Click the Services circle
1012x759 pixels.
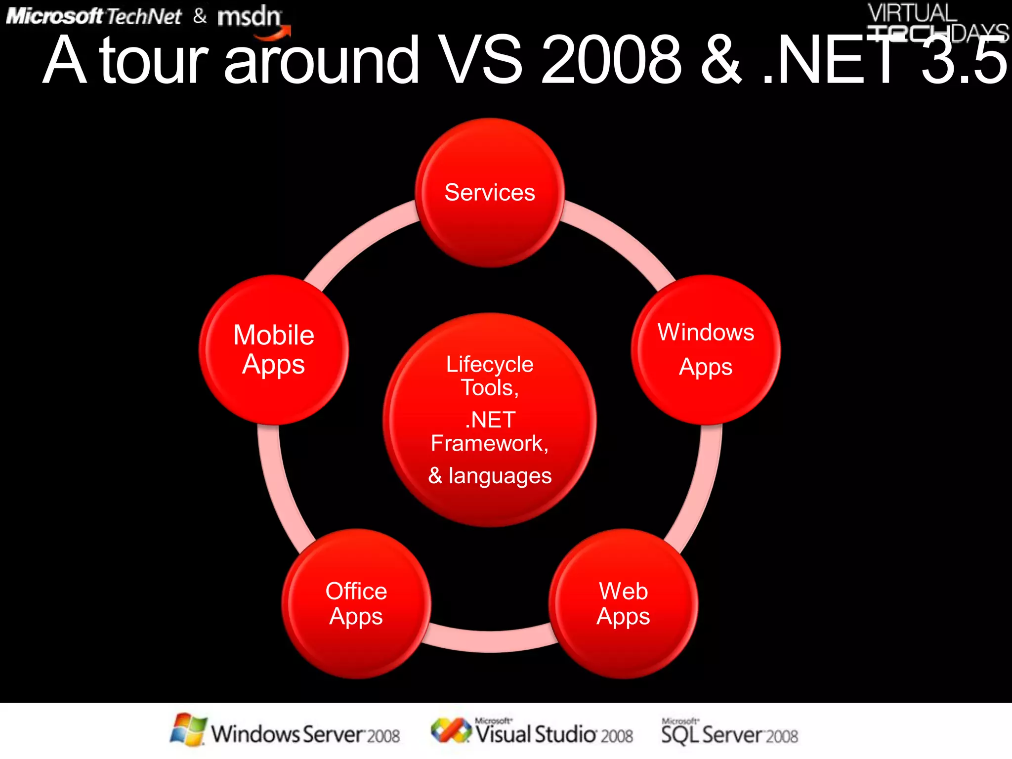[x=489, y=193]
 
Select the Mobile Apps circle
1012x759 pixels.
[x=273, y=350]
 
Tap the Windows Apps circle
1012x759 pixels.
[x=706, y=350]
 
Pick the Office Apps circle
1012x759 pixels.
[x=356, y=604]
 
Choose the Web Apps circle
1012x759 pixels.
[x=623, y=604]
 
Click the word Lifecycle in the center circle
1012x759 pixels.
[x=489, y=365]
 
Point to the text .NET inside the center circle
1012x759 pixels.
[x=490, y=420]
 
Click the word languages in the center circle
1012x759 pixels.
[x=500, y=476]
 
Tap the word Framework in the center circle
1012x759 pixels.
[x=487, y=443]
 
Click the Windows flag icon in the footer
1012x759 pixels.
[x=188, y=729]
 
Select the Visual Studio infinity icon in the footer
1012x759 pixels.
[x=451, y=730]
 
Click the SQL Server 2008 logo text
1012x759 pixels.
[x=729, y=734]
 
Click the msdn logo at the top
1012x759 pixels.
[x=250, y=17]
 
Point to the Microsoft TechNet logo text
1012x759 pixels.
[x=94, y=17]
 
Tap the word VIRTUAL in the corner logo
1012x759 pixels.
[x=912, y=12]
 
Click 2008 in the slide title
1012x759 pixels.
[x=611, y=60]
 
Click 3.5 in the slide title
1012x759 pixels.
[x=964, y=60]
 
